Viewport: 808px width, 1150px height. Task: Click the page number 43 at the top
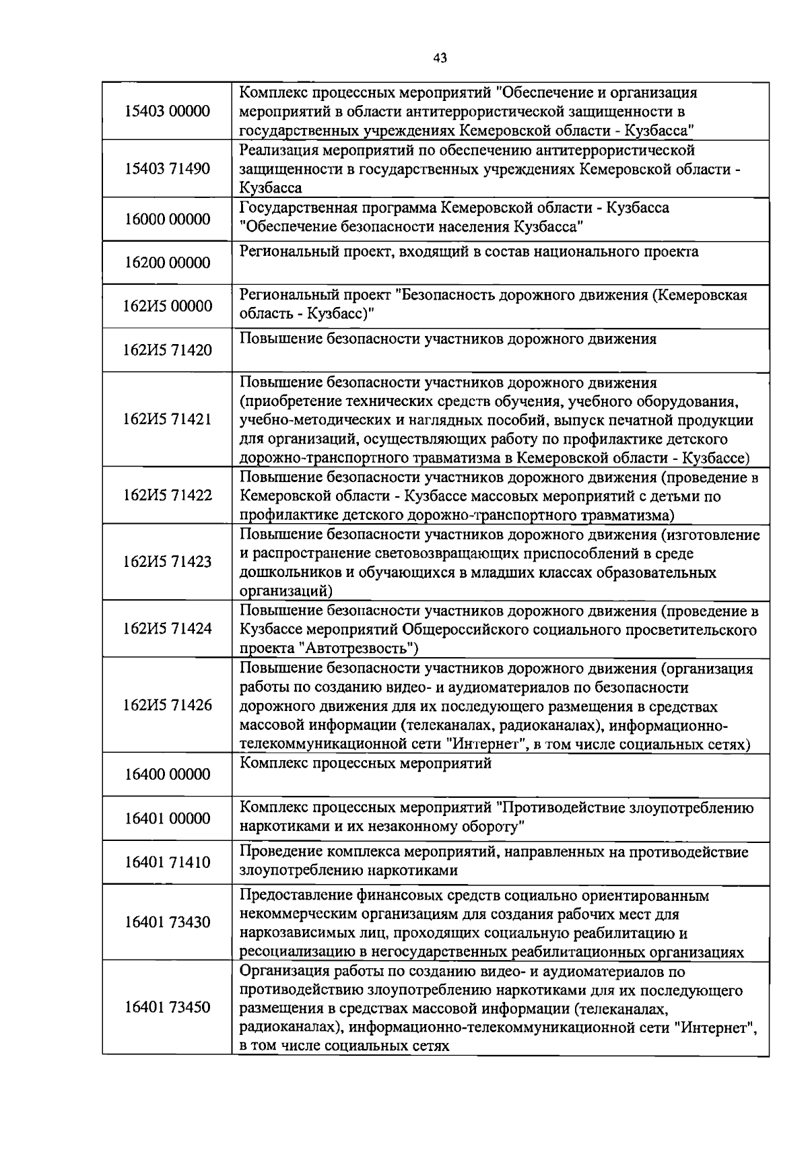(x=440, y=59)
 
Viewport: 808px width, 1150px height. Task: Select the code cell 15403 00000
(x=168, y=111)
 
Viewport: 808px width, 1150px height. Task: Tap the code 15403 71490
(x=168, y=168)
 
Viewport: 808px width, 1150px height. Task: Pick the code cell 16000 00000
(x=168, y=219)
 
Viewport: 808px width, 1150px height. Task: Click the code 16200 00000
(x=168, y=263)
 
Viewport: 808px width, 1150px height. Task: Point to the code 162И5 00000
(x=168, y=306)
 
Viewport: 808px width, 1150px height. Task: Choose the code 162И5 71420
(x=168, y=350)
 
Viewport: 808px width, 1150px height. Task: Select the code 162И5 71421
(x=168, y=419)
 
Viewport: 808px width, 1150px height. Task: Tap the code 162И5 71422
(x=168, y=496)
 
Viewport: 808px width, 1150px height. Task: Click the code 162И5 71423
(x=168, y=562)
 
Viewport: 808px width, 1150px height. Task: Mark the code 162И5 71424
(x=168, y=629)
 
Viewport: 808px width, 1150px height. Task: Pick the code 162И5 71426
(x=168, y=705)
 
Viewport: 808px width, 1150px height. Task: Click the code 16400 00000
(x=168, y=775)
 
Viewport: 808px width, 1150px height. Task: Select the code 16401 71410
(x=168, y=862)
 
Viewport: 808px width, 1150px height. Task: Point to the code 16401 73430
(x=168, y=922)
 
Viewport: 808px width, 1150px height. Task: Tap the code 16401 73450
(x=168, y=1007)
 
